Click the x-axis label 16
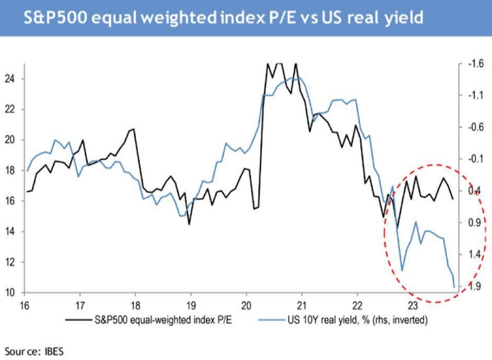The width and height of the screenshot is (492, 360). [x=25, y=305]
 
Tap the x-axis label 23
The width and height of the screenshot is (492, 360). [x=413, y=305]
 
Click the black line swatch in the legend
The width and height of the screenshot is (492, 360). [x=77, y=319]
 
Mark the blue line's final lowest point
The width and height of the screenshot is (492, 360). [x=454, y=287]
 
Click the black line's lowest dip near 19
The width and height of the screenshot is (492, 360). [x=189, y=224]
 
